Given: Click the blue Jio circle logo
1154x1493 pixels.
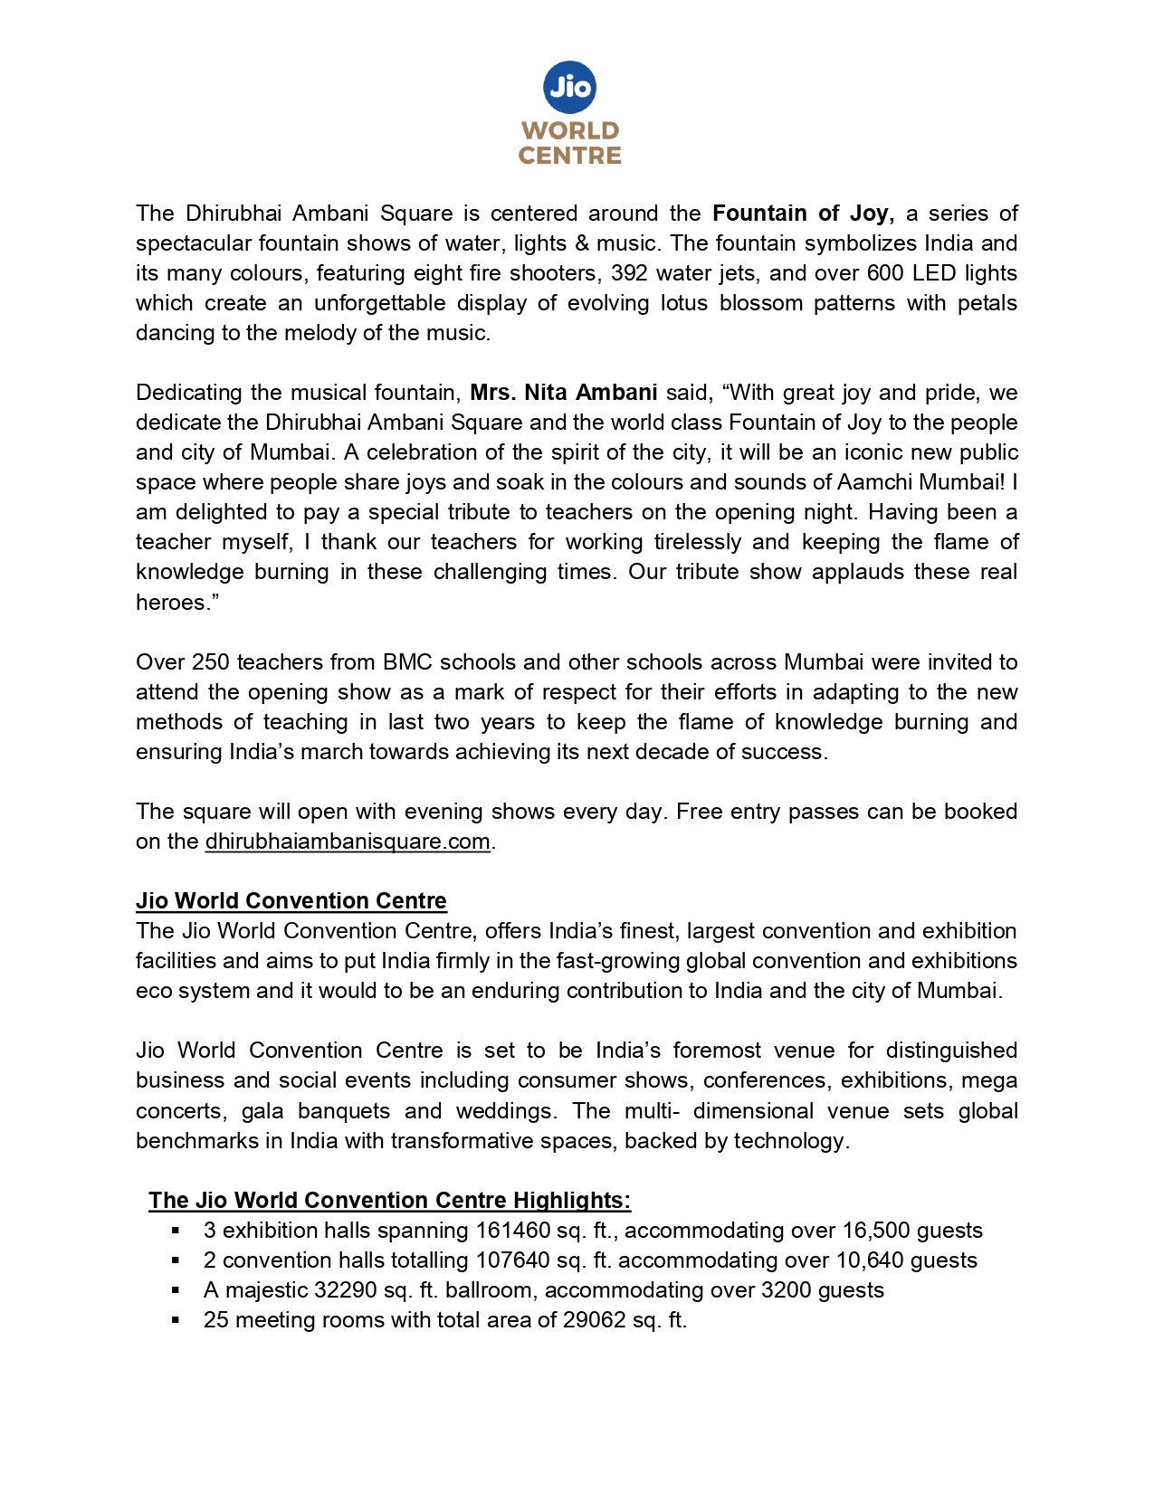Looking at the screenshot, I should click(570, 87).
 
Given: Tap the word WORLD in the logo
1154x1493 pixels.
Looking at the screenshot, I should click(570, 131).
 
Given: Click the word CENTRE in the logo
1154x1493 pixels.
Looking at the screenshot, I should click(570, 156).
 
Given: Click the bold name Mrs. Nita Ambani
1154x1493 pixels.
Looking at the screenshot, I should click(563, 393).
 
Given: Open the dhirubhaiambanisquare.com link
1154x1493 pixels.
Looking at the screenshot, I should click(348, 842).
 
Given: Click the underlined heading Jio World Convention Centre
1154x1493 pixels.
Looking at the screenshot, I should click(291, 901).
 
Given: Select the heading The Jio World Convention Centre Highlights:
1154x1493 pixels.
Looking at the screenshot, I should click(389, 1201).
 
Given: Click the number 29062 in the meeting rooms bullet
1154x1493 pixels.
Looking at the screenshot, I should click(594, 1320).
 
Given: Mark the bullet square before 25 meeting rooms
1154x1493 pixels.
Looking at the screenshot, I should click(176, 1320).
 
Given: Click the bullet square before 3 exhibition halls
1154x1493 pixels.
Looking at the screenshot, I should click(176, 1231).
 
